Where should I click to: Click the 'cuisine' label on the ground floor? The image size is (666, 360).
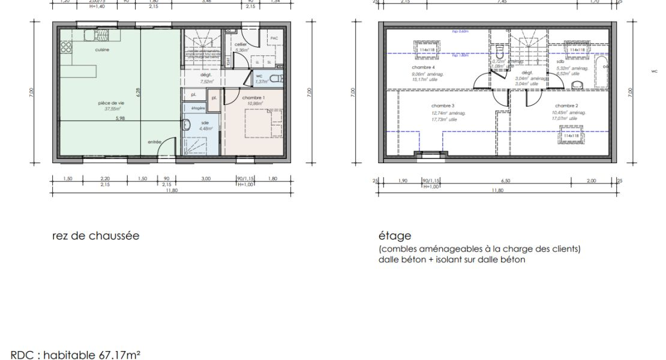(102, 50)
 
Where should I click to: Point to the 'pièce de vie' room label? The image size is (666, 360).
(111, 103)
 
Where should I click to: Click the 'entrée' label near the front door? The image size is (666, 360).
(155, 142)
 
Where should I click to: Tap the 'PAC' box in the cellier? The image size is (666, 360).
(274, 38)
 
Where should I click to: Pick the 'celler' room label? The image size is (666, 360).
(240, 44)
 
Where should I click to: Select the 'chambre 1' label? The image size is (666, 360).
(254, 97)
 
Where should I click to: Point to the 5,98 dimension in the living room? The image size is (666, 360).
(121, 118)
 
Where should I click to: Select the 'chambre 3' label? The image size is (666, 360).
(443, 106)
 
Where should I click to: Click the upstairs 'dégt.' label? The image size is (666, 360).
(527, 72)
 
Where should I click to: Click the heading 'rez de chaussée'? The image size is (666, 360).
(97, 236)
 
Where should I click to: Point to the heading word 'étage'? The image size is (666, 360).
(391, 236)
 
